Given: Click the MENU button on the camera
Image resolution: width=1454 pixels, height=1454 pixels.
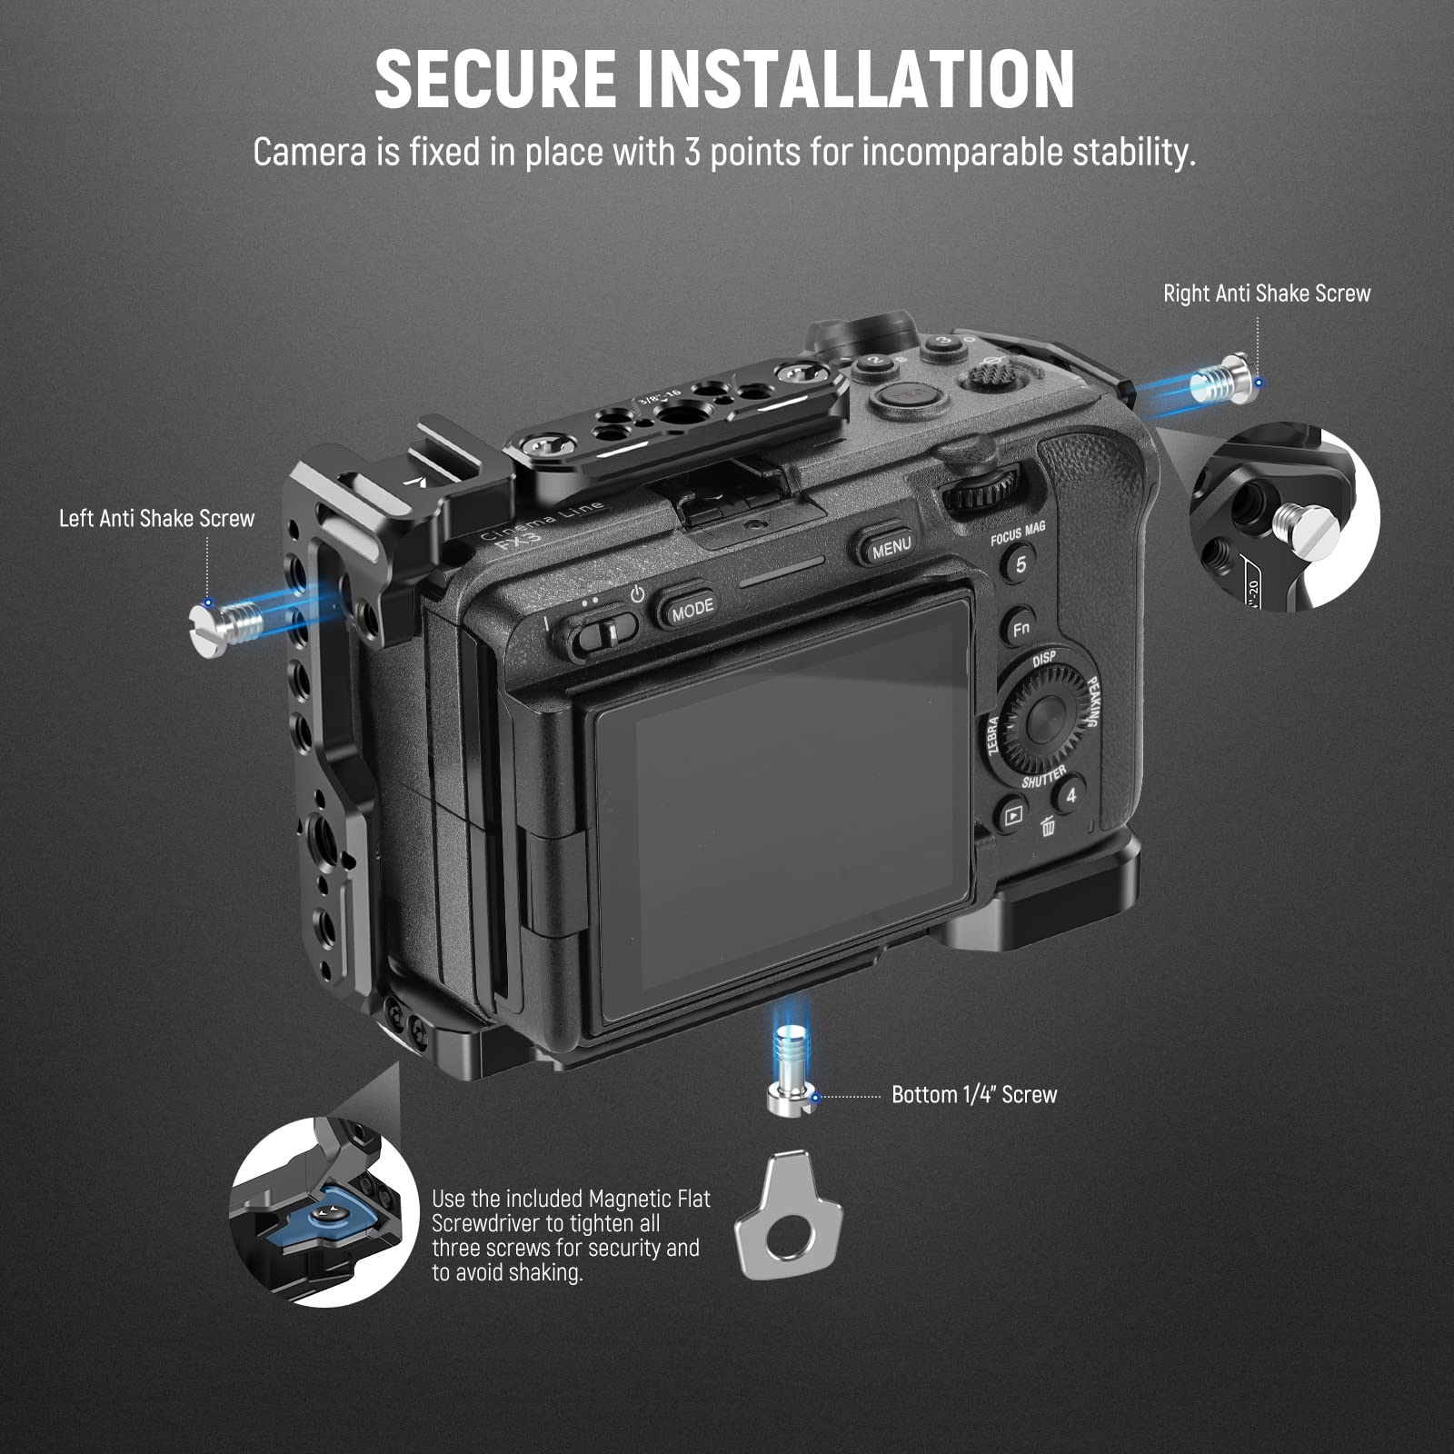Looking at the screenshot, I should (890, 547).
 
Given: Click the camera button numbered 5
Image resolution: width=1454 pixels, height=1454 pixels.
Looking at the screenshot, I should (1021, 564).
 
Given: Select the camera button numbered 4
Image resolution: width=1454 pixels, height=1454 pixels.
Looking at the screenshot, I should (1071, 795).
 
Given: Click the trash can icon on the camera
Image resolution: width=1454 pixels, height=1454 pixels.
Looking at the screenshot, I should (1047, 825).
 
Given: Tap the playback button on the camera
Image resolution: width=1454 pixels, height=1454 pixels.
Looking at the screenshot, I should (1011, 814).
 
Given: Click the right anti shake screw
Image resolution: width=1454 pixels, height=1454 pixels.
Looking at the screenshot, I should (1221, 379).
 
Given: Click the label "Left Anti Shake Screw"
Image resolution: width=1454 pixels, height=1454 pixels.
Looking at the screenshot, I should (156, 519).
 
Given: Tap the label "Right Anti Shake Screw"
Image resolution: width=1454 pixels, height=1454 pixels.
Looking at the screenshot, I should (1266, 294).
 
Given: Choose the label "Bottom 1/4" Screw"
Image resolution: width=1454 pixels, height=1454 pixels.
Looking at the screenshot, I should (973, 1095).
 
